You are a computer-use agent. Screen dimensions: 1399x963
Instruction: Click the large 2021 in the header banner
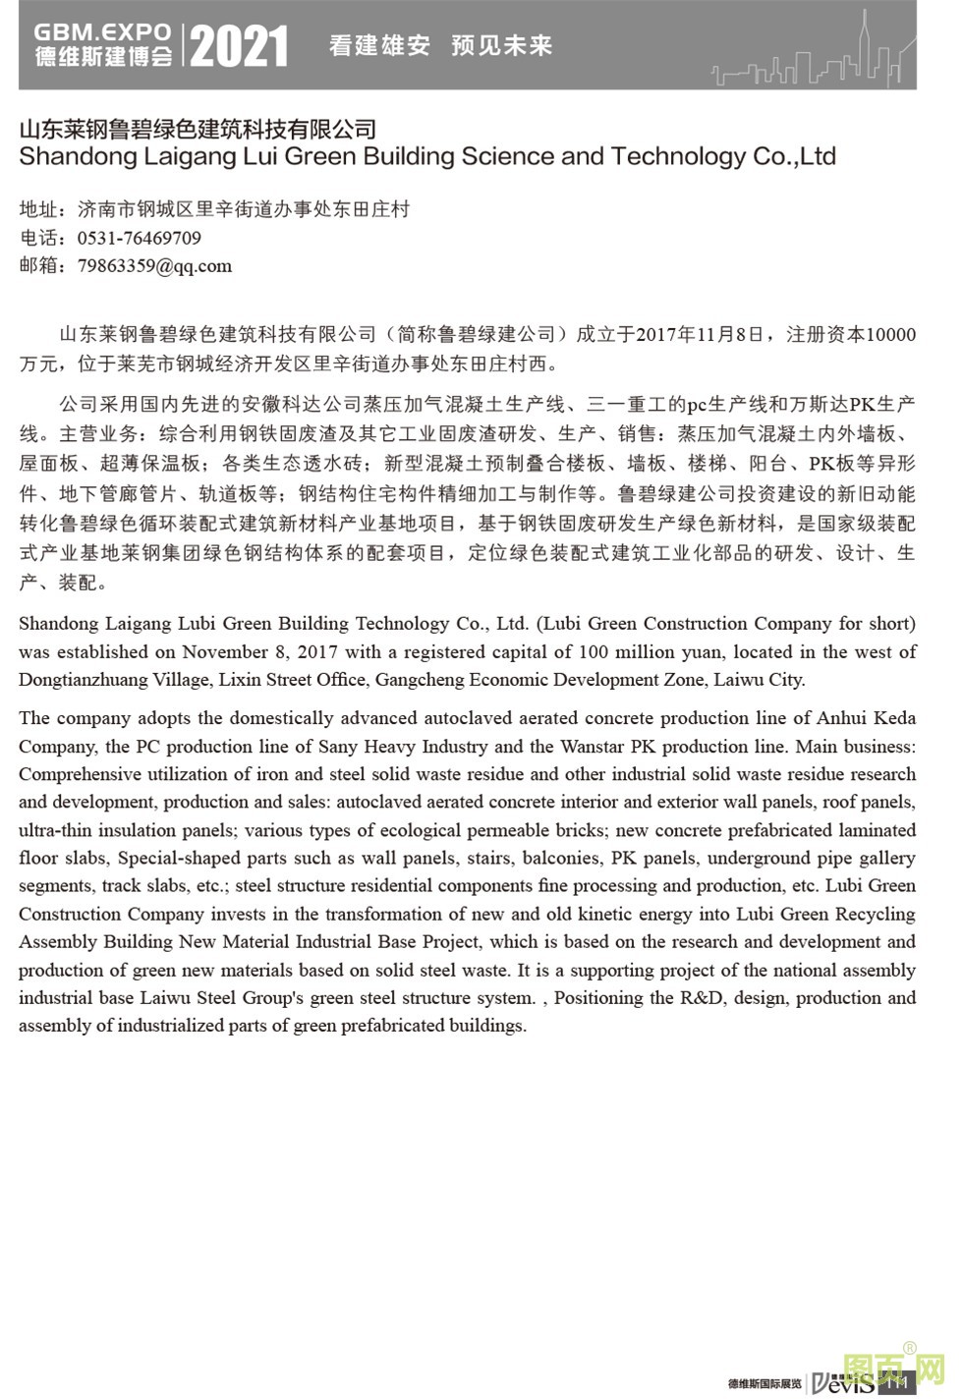pyautogui.click(x=239, y=46)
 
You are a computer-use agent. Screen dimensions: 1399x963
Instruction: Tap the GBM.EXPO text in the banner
pyautogui.click(x=102, y=32)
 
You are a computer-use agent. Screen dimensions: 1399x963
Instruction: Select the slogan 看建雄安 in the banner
pyautogui.click(x=379, y=45)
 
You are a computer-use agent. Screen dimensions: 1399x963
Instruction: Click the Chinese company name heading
pyautogui.click(x=198, y=130)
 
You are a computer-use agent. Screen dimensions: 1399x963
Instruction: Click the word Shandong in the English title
pyautogui.click(x=71, y=156)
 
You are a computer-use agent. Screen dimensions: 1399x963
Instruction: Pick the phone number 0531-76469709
pyautogui.click(x=139, y=238)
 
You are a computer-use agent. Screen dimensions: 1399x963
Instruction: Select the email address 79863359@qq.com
pyautogui.click(x=154, y=265)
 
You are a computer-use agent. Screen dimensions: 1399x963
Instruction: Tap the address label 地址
pyautogui.click(x=38, y=209)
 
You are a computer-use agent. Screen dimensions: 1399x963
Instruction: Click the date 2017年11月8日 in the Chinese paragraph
pyautogui.click(x=700, y=334)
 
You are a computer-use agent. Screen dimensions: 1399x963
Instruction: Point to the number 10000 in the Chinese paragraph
pyautogui.click(x=889, y=334)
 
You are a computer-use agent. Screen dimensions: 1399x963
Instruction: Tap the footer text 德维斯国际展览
pyautogui.click(x=765, y=1383)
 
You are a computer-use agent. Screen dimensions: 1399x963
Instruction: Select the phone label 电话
pyautogui.click(x=38, y=238)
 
